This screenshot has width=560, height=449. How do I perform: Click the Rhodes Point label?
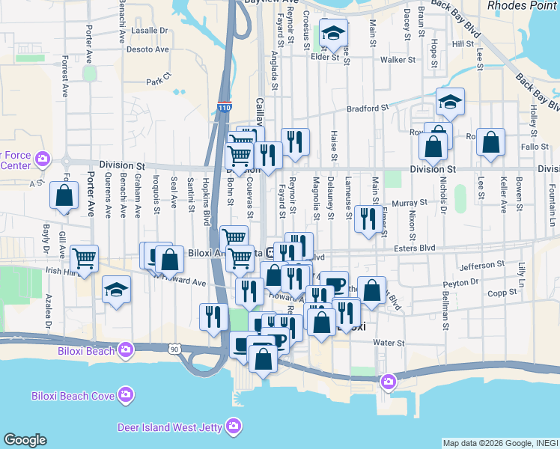pos(522,6)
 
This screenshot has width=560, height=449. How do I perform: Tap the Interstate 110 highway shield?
pos(225,108)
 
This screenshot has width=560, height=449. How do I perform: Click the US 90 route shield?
pos(174,349)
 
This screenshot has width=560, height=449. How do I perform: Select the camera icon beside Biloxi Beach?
pos(125,349)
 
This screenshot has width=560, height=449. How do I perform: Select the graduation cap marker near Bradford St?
pos(450,102)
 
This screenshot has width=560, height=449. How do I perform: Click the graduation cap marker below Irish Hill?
pos(116,290)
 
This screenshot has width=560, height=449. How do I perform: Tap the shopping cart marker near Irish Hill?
pos(84,259)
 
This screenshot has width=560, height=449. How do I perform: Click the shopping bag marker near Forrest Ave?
pos(64,196)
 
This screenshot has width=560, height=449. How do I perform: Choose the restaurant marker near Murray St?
pos(368,219)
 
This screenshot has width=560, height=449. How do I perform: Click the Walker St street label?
pos(397,59)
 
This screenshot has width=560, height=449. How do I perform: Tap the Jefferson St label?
pos(482,266)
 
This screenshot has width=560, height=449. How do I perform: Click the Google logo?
pos(25,440)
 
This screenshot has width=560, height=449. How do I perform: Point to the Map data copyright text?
pos(499,443)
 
